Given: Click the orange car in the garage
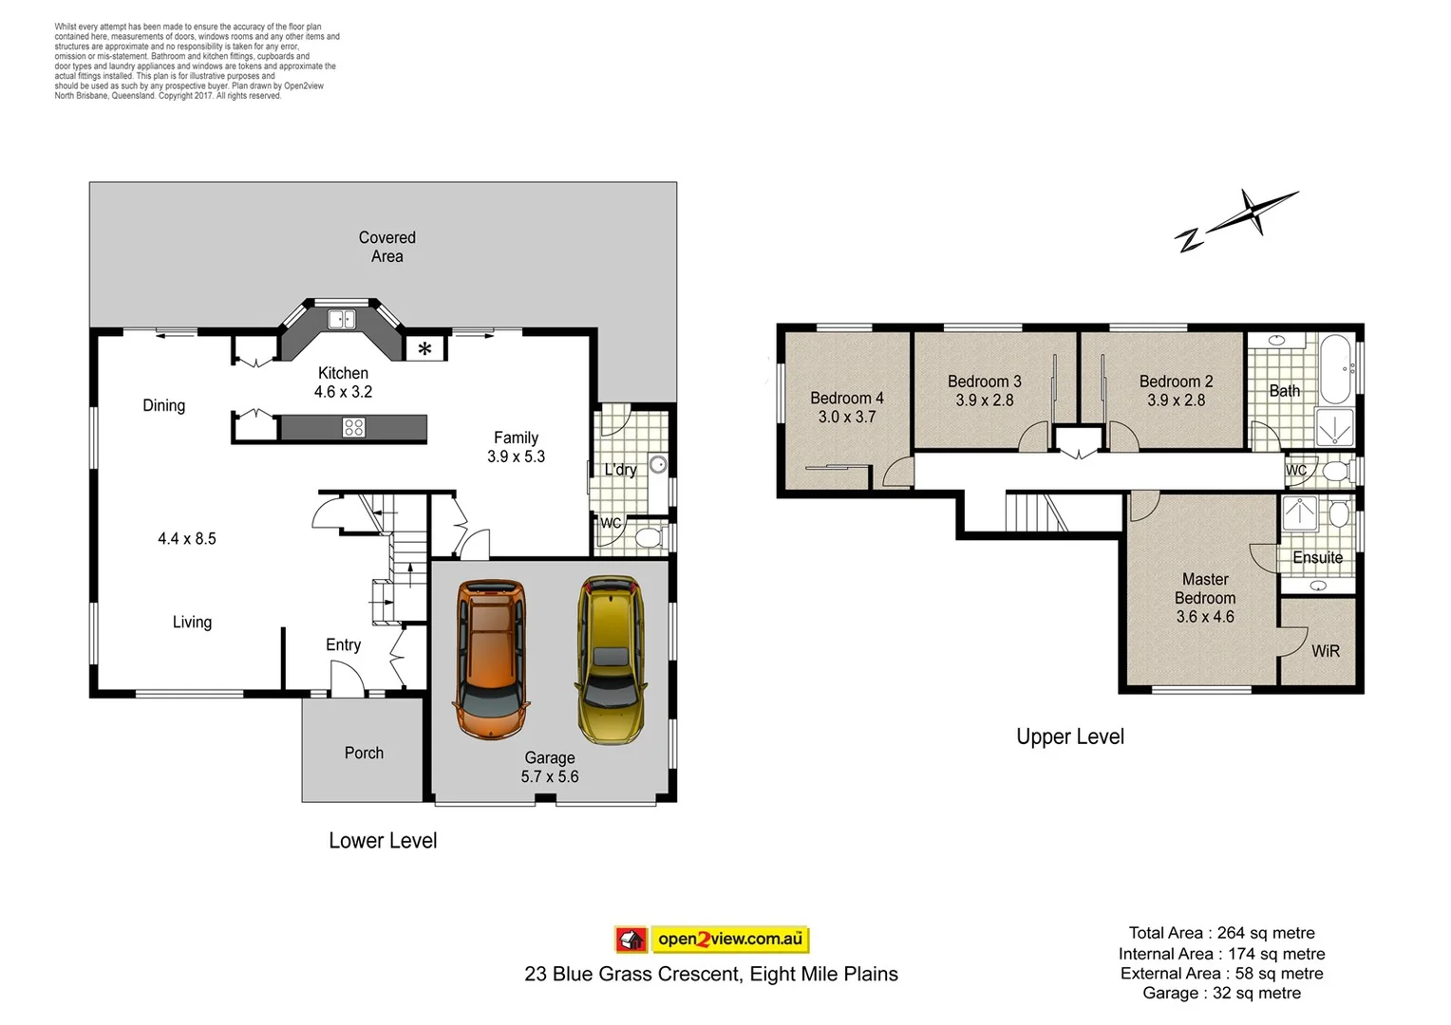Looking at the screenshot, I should (x=490, y=659).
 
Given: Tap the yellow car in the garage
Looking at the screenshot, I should (x=610, y=659).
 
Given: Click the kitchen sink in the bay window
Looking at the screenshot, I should (x=341, y=320).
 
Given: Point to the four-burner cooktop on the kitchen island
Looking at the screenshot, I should (x=353, y=428).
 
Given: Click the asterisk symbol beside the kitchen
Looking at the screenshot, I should (x=424, y=349).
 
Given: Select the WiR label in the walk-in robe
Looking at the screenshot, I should (x=1325, y=651).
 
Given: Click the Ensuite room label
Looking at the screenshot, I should (x=1317, y=557).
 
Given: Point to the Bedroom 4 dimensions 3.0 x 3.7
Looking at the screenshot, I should (x=847, y=417).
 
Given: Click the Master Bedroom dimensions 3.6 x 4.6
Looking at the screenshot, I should (x=1205, y=617).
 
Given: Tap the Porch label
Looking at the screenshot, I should (x=364, y=753).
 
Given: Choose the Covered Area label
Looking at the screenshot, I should (x=386, y=247).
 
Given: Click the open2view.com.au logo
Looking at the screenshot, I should (x=711, y=940).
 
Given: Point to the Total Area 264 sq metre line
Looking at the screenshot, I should (x=1221, y=933).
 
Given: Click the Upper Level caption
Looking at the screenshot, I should (x=1069, y=736).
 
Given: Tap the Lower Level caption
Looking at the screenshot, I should (x=383, y=840).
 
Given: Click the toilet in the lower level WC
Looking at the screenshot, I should (x=649, y=538).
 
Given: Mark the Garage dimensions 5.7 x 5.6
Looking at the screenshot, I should (x=549, y=776).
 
